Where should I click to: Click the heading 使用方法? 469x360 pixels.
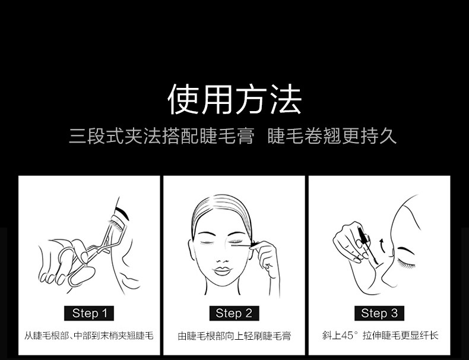point(235,99)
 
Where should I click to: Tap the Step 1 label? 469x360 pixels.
point(89,313)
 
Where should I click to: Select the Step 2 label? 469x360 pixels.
point(234,313)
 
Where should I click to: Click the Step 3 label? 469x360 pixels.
point(379,313)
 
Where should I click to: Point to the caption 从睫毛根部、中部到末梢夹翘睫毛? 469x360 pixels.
point(89,336)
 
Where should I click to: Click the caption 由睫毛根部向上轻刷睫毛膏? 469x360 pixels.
point(234,336)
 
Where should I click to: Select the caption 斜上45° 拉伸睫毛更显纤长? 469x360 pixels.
point(380,335)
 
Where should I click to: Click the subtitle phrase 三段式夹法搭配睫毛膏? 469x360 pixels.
point(161,136)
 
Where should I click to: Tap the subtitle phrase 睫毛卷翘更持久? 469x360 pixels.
point(332,136)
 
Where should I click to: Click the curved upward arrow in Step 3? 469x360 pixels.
point(382,246)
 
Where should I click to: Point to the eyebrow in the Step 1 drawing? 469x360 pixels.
point(122,213)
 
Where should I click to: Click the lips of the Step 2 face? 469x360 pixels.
point(221,271)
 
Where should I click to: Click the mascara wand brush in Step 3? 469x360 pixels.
point(363,234)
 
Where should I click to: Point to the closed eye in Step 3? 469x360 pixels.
point(405,263)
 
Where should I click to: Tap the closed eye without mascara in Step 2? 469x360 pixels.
point(207,242)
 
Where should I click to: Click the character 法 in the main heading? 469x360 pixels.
point(286,99)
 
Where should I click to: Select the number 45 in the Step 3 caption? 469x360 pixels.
point(347,336)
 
